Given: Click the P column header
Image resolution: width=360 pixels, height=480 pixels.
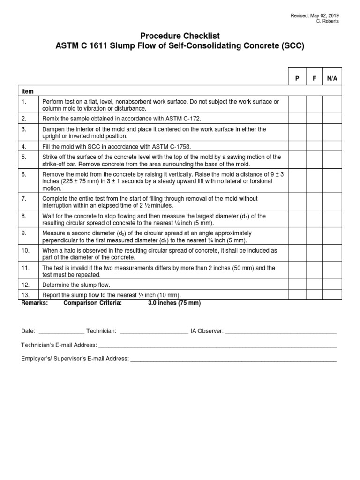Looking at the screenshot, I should click(x=297, y=79).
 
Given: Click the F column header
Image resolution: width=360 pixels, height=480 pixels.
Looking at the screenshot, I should click(x=315, y=79).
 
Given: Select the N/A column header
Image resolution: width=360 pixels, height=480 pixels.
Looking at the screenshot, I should click(x=332, y=79).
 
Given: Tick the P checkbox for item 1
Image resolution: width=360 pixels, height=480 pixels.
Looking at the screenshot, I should click(x=297, y=105).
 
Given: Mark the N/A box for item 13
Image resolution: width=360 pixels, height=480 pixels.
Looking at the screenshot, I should click(x=332, y=295).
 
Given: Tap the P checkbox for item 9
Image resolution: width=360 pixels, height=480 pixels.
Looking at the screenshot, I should click(x=297, y=237).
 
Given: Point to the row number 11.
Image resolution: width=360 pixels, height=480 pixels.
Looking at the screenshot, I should click(x=25, y=268).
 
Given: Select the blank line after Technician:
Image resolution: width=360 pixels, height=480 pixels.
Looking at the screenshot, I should click(x=154, y=331).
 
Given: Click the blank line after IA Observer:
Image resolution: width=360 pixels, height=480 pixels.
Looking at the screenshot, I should click(x=281, y=331).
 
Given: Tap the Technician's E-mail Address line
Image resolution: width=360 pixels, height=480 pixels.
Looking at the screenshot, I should click(x=217, y=345).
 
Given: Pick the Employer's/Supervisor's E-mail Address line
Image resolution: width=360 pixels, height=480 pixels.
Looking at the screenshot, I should click(x=233, y=360).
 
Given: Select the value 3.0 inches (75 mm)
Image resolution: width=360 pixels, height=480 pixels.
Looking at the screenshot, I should click(x=174, y=303).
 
